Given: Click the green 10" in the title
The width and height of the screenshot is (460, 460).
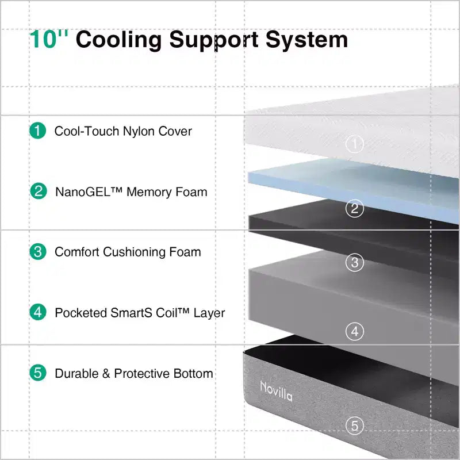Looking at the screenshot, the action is tap(49, 39).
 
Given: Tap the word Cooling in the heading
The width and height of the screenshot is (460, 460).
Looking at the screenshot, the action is tap(119, 40).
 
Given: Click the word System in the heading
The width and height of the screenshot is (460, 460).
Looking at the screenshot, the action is tap(307, 40).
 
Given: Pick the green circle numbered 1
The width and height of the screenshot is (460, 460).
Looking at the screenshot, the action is tap(38, 131).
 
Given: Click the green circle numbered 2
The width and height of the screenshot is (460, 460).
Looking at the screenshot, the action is tap(39, 191).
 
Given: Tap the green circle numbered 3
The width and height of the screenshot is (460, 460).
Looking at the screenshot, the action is tap(38, 251).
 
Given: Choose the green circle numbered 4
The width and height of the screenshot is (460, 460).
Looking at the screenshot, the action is tap(38, 312).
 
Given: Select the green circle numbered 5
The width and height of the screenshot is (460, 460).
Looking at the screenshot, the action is tap(38, 373).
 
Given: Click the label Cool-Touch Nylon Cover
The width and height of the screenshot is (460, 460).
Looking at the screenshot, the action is tap(123, 131).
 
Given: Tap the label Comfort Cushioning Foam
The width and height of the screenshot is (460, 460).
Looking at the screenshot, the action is tap(128, 252).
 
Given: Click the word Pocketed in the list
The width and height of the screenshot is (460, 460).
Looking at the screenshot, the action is tap(80, 313).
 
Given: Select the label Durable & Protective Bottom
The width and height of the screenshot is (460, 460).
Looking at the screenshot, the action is tap(134, 373).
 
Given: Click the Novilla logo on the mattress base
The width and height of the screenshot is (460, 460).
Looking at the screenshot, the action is tap(276, 391).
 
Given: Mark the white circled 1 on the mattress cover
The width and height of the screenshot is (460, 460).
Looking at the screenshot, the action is tap(354, 144).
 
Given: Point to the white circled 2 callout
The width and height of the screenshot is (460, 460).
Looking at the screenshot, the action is tap(354, 208).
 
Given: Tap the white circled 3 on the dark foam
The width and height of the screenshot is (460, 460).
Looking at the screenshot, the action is tap(354, 262).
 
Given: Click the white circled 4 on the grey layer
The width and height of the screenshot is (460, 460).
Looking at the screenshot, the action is tap(355, 332).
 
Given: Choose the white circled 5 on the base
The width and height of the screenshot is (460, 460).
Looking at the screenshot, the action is tap(354, 425).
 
